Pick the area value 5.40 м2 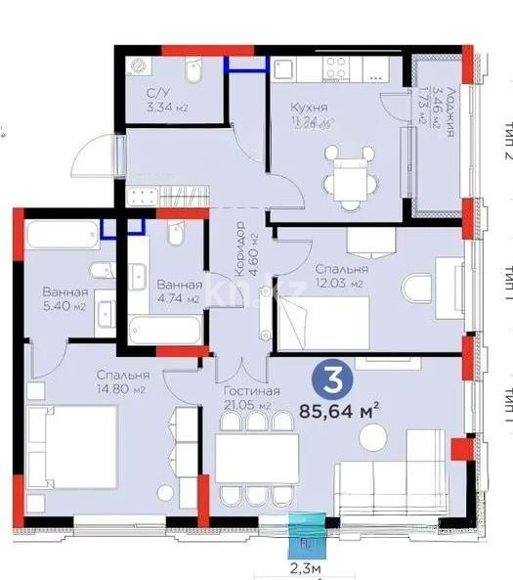tap(64, 306)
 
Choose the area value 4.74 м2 tap(178, 299)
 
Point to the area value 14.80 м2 tap(124, 389)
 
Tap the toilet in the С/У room tap(192, 76)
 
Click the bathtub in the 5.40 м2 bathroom tap(60, 237)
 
